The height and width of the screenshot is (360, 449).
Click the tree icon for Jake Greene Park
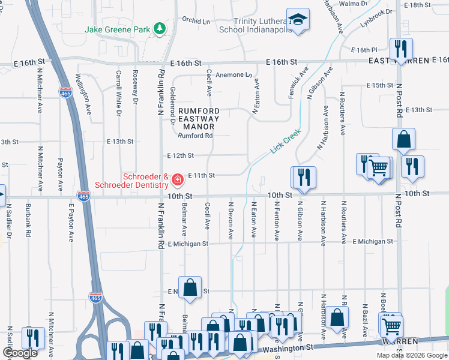(x=159, y=28)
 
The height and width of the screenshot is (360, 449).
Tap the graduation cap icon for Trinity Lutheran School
(x=298, y=19)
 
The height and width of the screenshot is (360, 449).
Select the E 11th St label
(x=201, y=175)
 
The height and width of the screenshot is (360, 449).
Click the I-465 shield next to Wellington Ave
(x=65, y=92)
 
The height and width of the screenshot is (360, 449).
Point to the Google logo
(x=20, y=353)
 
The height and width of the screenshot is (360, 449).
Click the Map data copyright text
(x=411, y=355)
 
